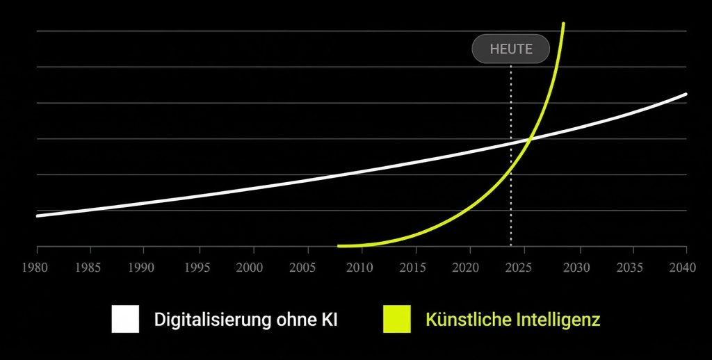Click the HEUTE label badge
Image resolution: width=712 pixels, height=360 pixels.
(511, 49)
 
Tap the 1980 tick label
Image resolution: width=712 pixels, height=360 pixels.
(36, 268)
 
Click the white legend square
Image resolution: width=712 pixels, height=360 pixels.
(125, 320)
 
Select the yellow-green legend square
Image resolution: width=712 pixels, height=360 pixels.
(396, 320)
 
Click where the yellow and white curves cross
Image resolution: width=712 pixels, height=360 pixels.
(529, 138)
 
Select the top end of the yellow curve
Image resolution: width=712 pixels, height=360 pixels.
(563, 24)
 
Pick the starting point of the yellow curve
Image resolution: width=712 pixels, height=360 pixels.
(339, 245)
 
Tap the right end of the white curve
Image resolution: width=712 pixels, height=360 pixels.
(686, 94)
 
